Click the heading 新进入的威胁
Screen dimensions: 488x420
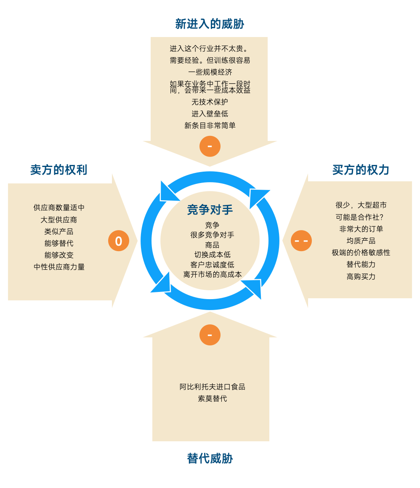(x=210, y=24)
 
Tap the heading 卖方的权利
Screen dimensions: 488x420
(x=58, y=170)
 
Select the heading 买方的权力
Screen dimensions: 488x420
(x=361, y=170)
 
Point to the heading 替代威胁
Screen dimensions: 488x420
(x=210, y=459)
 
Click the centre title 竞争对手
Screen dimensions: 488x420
(x=210, y=210)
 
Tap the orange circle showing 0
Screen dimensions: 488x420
(x=119, y=241)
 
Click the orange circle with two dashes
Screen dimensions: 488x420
(x=301, y=241)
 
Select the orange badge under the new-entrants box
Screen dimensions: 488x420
(x=210, y=146)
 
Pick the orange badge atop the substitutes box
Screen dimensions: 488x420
(x=210, y=335)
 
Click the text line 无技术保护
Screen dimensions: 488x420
(x=210, y=102)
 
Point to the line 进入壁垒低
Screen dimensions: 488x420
(x=210, y=114)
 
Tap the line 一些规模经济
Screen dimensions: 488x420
(x=210, y=72)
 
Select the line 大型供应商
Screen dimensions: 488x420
(x=59, y=220)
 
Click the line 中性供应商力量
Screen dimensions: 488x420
(x=59, y=267)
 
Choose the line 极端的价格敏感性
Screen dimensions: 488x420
(x=361, y=252)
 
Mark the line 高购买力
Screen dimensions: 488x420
(x=361, y=276)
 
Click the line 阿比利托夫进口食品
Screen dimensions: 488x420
(x=212, y=387)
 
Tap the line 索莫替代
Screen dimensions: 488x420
(x=212, y=398)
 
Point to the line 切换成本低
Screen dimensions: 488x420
(x=212, y=255)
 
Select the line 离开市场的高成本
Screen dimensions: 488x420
(x=212, y=274)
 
